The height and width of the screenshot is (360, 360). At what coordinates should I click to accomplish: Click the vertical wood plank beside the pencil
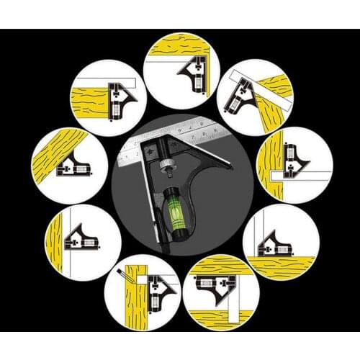click(x=137, y=302)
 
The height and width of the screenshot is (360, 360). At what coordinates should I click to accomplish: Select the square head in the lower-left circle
click(x=81, y=238)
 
